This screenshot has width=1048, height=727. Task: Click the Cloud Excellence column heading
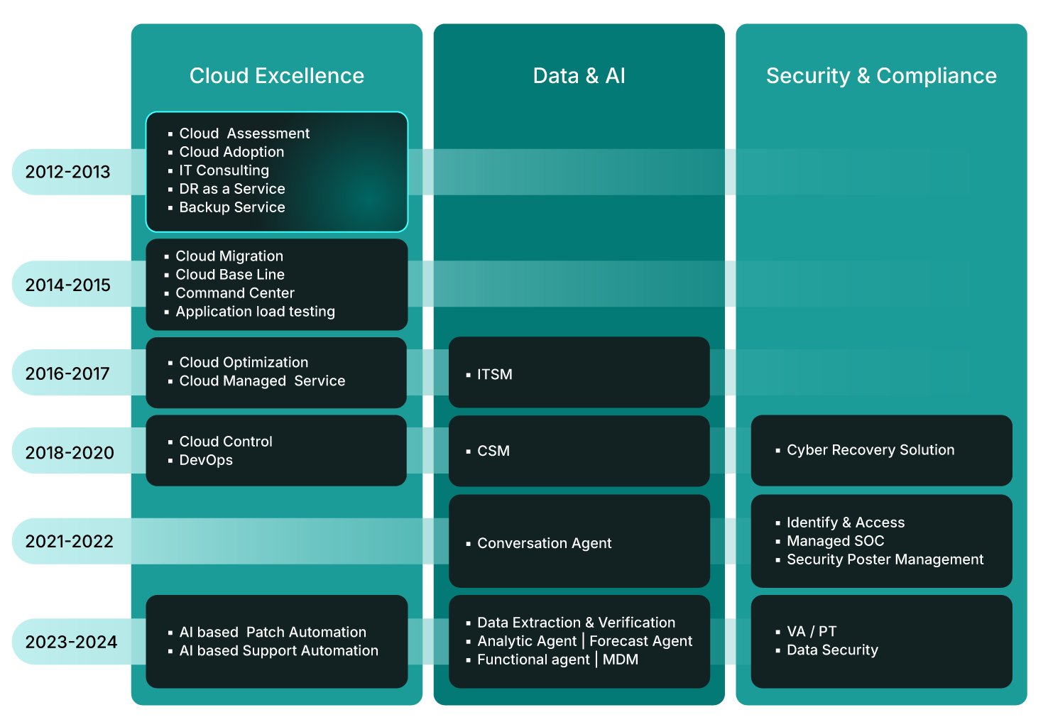click(x=276, y=76)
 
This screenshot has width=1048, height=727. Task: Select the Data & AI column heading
click(x=579, y=76)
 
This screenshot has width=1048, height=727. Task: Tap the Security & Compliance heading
click(x=881, y=76)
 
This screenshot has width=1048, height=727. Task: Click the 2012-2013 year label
click(x=68, y=172)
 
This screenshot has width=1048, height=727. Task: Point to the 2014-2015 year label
click(x=68, y=285)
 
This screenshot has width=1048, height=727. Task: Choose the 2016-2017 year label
click(x=68, y=373)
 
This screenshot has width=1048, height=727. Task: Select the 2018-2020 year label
click(x=70, y=452)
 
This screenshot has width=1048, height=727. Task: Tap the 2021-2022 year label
click(x=70, y=541)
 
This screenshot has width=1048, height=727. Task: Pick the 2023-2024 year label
click(x=71, y=642)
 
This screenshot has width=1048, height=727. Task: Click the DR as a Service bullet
click(x=231, y=189)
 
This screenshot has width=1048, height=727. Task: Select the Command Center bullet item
click(x=234, y=293)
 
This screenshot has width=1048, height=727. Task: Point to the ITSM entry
click(x=494, y=374)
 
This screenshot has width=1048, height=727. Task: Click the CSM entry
click(x=493, y=451)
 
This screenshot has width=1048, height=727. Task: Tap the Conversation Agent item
click(x=544, y=543)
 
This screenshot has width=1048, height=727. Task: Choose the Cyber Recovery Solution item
click(x=870, y=450)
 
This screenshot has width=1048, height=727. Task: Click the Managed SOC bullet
click(x=835, y=541)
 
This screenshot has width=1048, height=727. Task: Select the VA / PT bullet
click(x=812, y=631)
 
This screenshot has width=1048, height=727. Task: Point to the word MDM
click(x=621, y=660)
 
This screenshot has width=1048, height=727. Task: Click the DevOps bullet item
click(x=206, y=460)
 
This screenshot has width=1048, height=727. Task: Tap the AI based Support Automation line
click(x=278, y=651)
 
